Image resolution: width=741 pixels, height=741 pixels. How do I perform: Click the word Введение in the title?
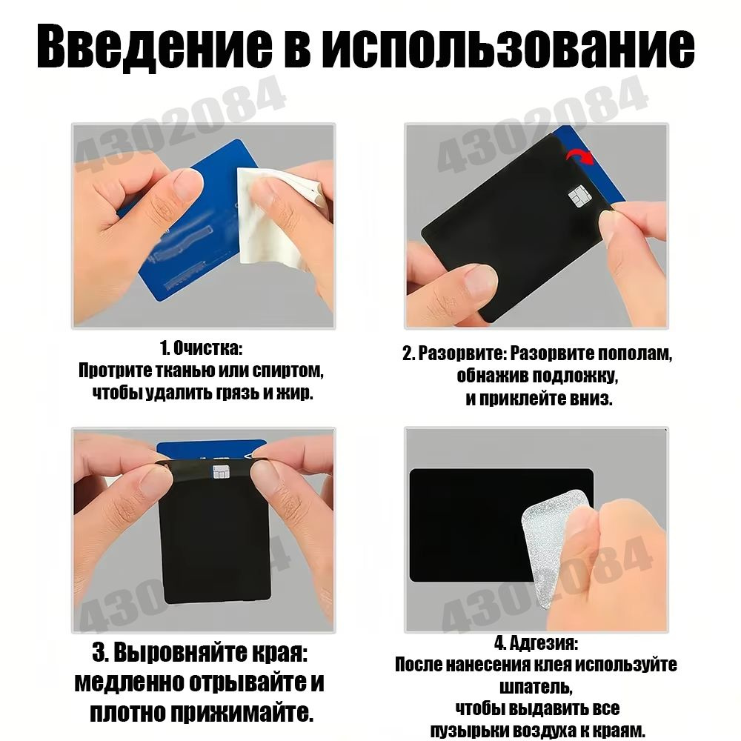[154, 47]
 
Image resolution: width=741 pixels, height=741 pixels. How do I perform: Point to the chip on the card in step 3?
[221, 471]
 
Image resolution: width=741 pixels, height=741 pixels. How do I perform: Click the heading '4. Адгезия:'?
[536, 643]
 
